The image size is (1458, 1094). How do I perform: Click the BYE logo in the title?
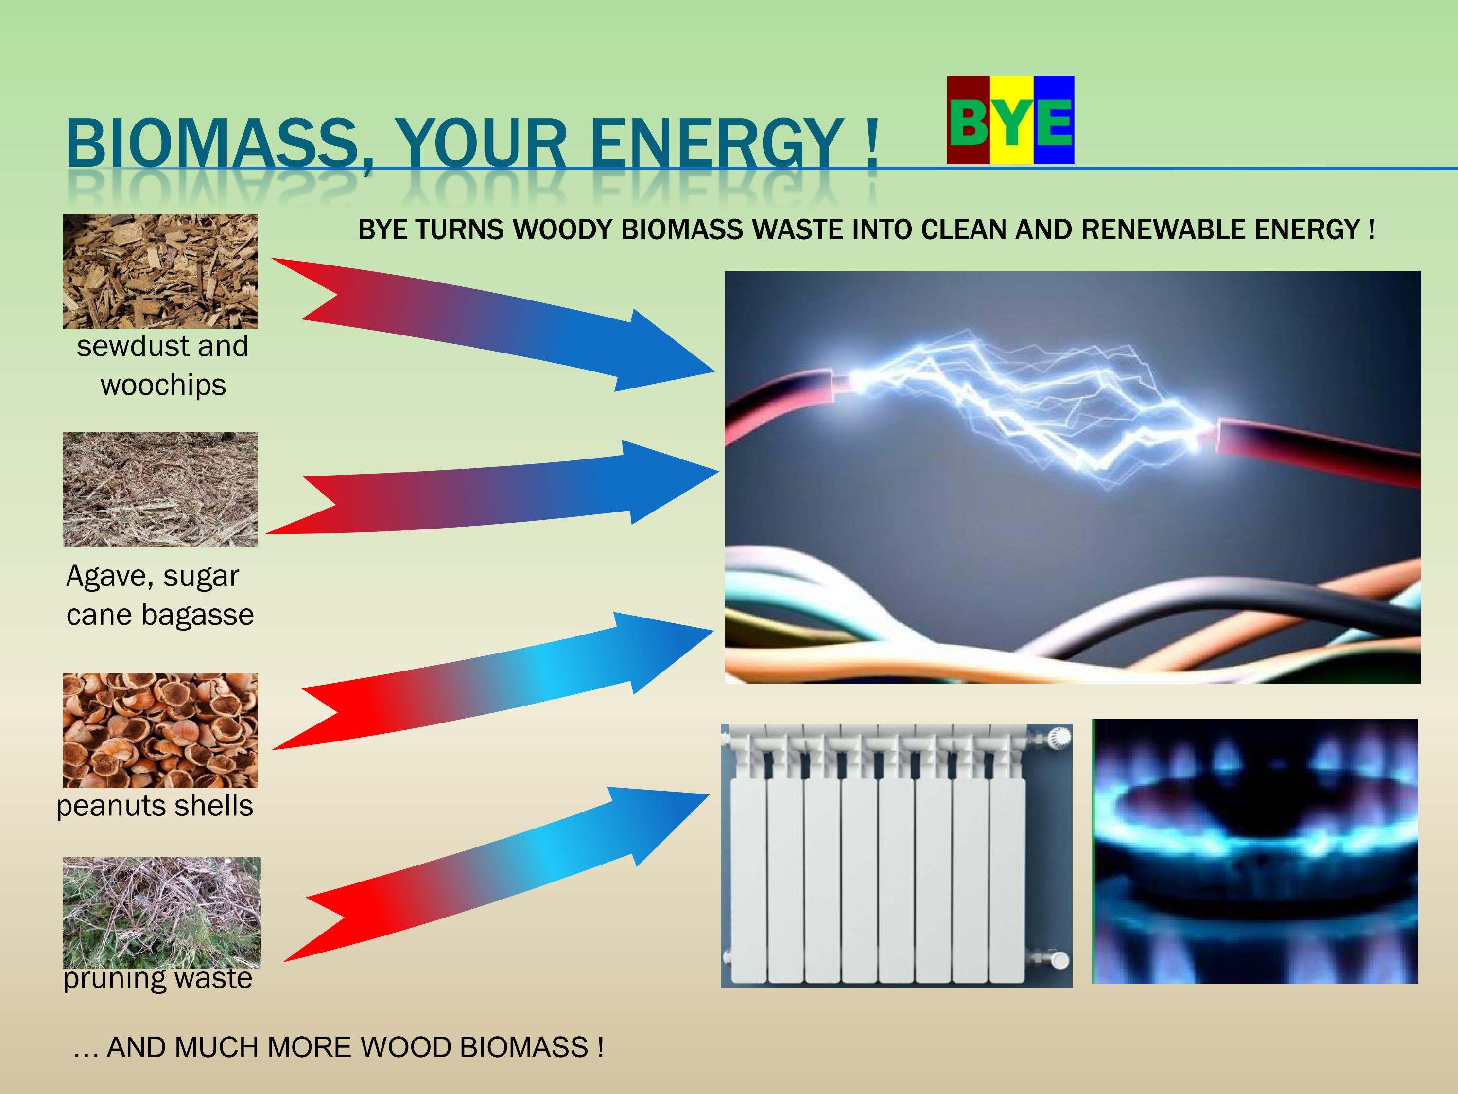point(1010,120)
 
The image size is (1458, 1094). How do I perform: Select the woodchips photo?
point(161,271)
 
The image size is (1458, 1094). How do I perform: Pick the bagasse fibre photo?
point(161,489)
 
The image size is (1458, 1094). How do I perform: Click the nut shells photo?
point(161,731)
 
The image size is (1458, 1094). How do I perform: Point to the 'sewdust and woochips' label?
point(163,365)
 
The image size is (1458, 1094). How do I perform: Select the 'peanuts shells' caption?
point(155,806)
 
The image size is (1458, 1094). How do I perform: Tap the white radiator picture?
point(896,856)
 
